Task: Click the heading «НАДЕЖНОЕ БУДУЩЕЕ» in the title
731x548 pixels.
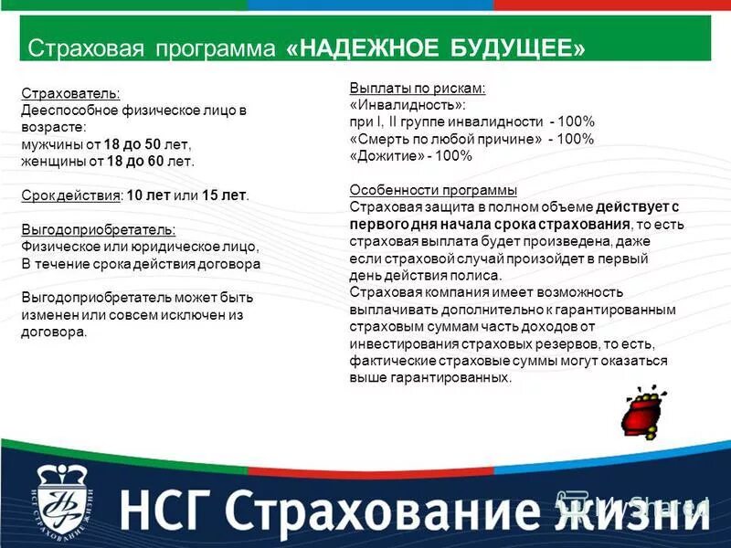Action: (x=436, y=48)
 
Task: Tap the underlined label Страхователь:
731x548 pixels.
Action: (x=70, y=94)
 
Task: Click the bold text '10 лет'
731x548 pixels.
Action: (x=145, y=195)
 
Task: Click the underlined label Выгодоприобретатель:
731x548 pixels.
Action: (x=99, y=230)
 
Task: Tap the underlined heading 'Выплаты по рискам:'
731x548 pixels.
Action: (x=417, y=89)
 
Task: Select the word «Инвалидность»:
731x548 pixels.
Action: (x=401, y=105)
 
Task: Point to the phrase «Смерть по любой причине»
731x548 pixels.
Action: (x=443, y=139)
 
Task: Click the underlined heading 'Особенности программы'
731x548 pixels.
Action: (x=433, y=190)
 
